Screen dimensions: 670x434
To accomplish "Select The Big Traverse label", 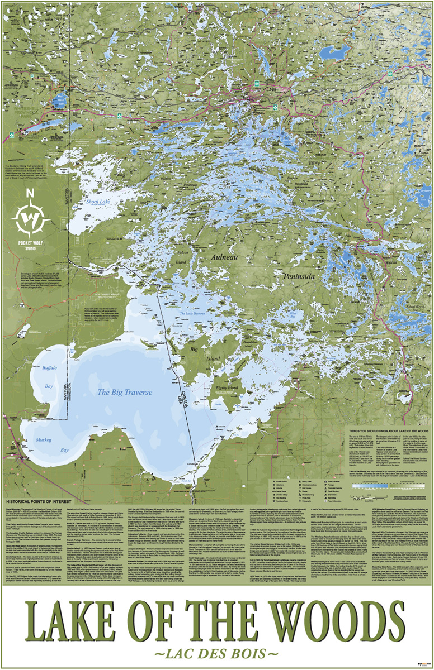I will click(x=125, y=393).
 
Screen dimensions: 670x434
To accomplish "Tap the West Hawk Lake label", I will click(x=60, y=102).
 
